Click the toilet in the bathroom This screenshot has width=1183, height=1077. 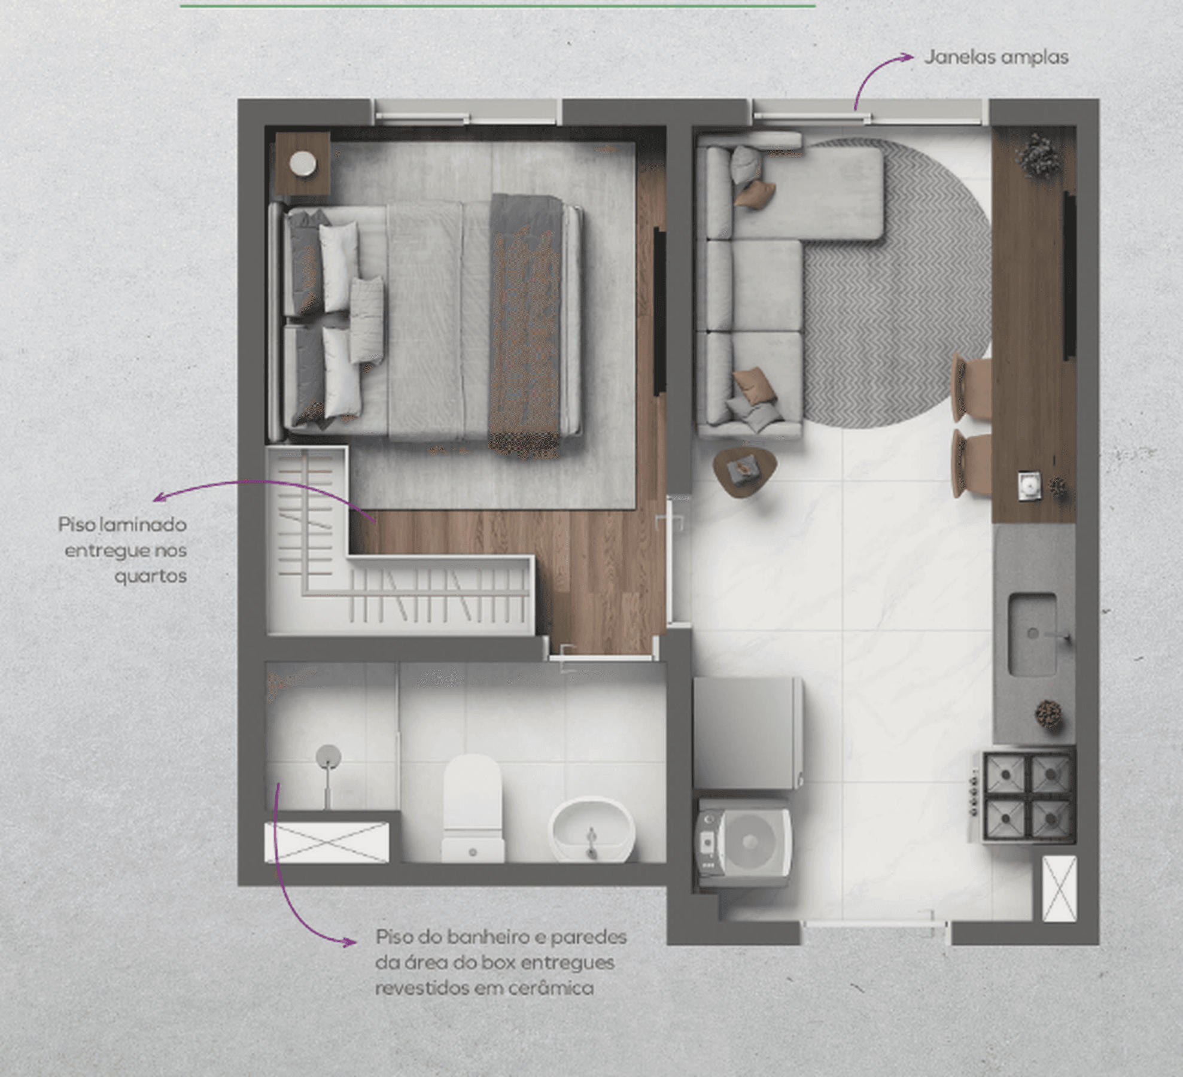473,808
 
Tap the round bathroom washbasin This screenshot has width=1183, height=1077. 592,829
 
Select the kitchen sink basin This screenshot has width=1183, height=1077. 1033,634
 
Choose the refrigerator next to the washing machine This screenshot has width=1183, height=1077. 748,733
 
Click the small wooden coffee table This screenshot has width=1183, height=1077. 745,470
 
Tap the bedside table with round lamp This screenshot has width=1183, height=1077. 303,163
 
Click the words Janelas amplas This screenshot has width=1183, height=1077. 996,58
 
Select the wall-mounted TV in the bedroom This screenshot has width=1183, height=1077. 659,311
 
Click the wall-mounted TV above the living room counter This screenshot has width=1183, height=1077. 1069,275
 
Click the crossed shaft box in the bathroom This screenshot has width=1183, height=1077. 327,842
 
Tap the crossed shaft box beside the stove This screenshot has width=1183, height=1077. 1059,888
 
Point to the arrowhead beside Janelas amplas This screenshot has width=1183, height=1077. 907,58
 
